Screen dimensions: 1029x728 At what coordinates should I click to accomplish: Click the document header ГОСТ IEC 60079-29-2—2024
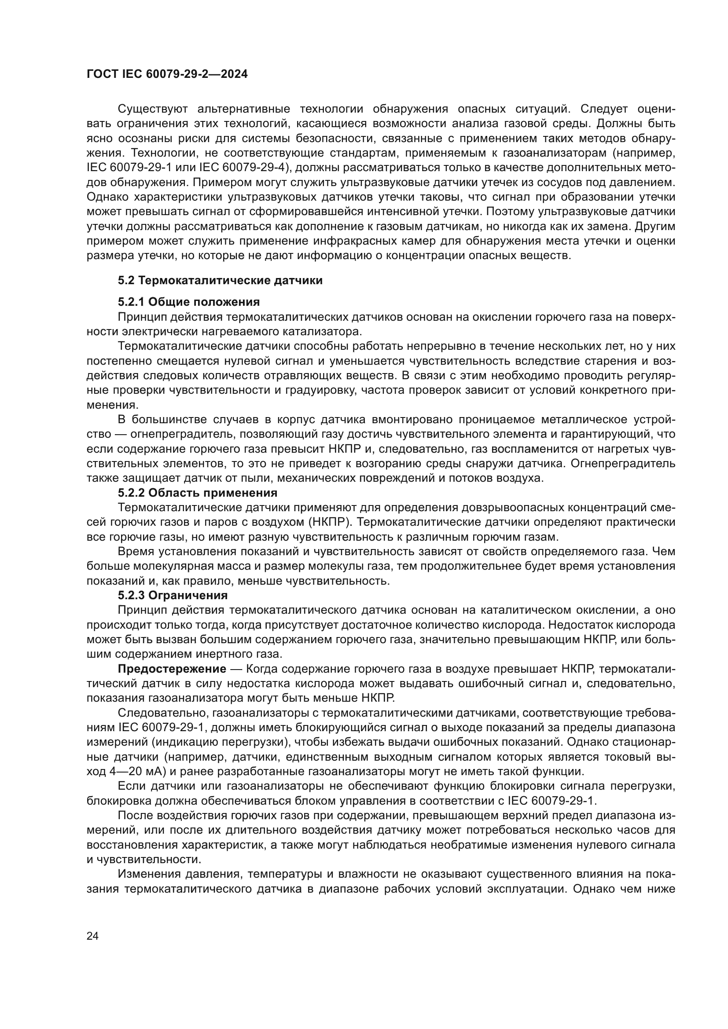[167, 74]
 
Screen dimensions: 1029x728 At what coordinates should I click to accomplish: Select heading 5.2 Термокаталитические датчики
[220, 281]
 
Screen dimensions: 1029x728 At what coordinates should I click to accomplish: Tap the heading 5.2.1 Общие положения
[189, 302]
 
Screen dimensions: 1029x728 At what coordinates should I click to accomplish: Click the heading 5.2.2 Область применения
[198, 493]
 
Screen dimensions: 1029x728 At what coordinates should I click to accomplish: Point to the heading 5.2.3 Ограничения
[173, 596]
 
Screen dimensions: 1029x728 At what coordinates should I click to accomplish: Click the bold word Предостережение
[172, 669]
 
